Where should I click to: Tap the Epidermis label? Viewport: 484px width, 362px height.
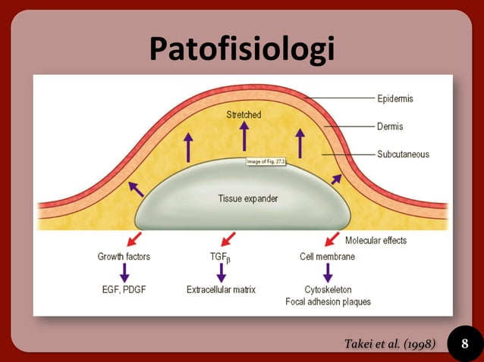[394, 98]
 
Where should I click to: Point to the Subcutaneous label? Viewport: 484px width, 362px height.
[403, 154]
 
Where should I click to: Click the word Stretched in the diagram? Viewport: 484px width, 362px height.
[244, 115]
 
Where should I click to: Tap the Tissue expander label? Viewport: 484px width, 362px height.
[243, 199]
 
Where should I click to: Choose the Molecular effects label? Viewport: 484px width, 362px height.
[376, 241]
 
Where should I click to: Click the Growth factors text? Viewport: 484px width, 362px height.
[124, 257]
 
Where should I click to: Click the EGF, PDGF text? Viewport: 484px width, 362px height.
[124, 289]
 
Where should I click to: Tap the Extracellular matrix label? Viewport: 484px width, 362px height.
[221, 289]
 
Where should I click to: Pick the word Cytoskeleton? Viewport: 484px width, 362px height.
[328, 289]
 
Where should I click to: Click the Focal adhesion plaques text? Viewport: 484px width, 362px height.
[328, 302]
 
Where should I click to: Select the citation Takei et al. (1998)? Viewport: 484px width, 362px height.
[390, 345]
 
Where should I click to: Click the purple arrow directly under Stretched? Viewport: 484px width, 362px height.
[244, 136]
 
